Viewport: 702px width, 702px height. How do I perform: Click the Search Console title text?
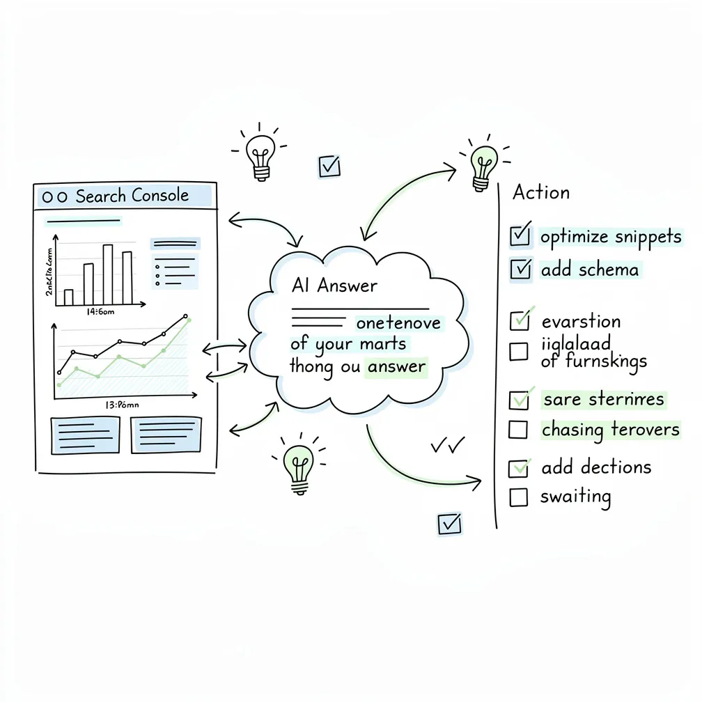(x=132, y=196)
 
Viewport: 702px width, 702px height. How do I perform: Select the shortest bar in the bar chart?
(x=68, y=297)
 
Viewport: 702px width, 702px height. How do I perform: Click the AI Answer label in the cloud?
(x=334, y=286)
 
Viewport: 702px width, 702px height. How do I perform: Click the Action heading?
(x=541, y=192)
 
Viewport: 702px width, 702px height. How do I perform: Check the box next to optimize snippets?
(x=520, y=236)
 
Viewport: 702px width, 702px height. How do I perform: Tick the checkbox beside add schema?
(x=520, y=269)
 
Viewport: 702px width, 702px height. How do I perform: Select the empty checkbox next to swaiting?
(x=518, y=497)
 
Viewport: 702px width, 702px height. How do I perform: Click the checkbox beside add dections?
(x=518, y=468)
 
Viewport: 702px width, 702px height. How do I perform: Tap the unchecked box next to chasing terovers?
(x=518, y=430)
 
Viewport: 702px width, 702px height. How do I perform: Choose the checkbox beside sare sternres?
(x=519, y=400)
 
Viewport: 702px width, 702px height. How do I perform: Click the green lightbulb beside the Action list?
(x=481, y=166)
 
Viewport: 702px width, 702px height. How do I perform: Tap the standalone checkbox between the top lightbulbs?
(x=329, y=166)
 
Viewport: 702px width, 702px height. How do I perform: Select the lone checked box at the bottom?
(x=448, y=524)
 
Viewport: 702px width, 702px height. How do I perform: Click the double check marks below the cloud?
(x=448, y=445)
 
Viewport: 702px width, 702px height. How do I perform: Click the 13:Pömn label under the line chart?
(x=123, y=404)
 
